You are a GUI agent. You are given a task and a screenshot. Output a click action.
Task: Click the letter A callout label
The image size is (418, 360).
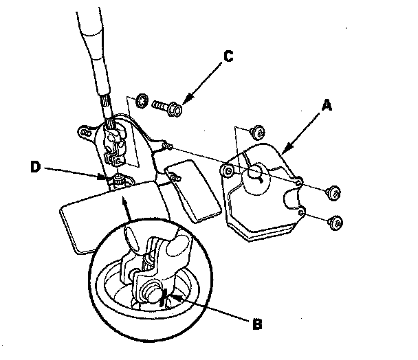point(327,104)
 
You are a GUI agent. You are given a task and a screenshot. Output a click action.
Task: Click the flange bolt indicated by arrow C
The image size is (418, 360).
point(165,108)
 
